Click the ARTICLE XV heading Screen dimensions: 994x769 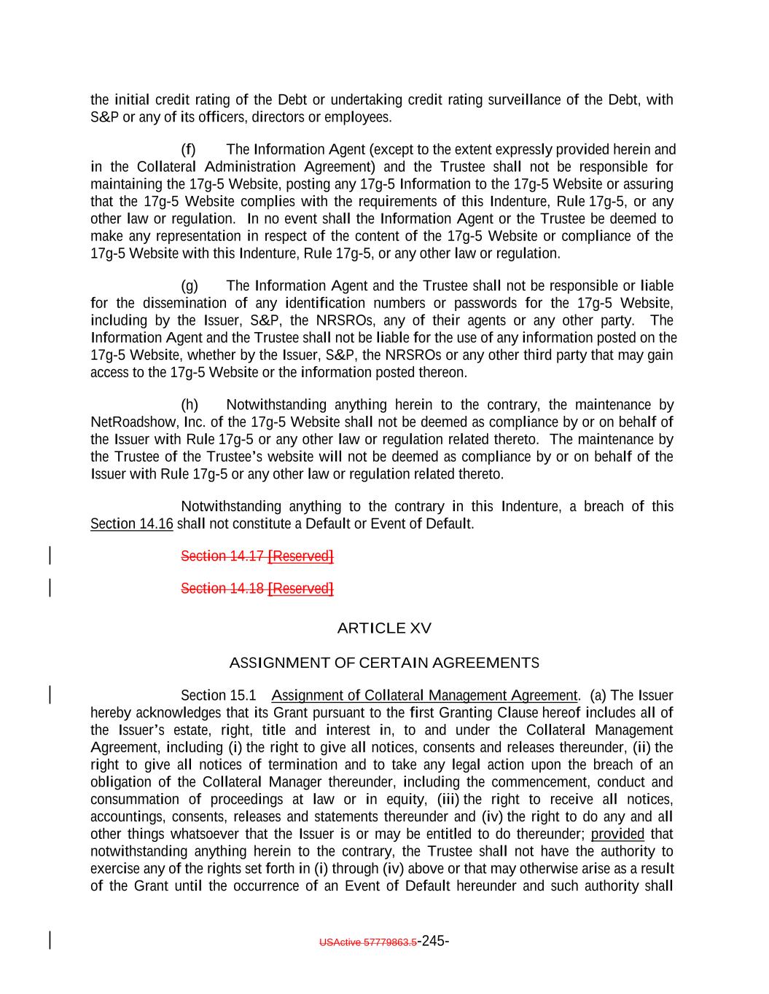point(384,628)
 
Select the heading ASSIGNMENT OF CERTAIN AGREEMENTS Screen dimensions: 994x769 point(384,663)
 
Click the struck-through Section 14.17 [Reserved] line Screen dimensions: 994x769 point(257,556)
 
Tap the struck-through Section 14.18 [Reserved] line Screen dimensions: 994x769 point(257,588)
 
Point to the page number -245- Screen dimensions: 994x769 point(433,941)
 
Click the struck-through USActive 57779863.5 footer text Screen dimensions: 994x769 point(368,942)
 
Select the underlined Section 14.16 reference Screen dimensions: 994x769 point(131,524)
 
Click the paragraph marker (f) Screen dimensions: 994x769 point(188,150)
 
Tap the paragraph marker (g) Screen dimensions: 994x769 point(189,286)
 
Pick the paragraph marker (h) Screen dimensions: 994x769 point(189,405)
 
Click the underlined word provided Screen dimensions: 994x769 point(617,835)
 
